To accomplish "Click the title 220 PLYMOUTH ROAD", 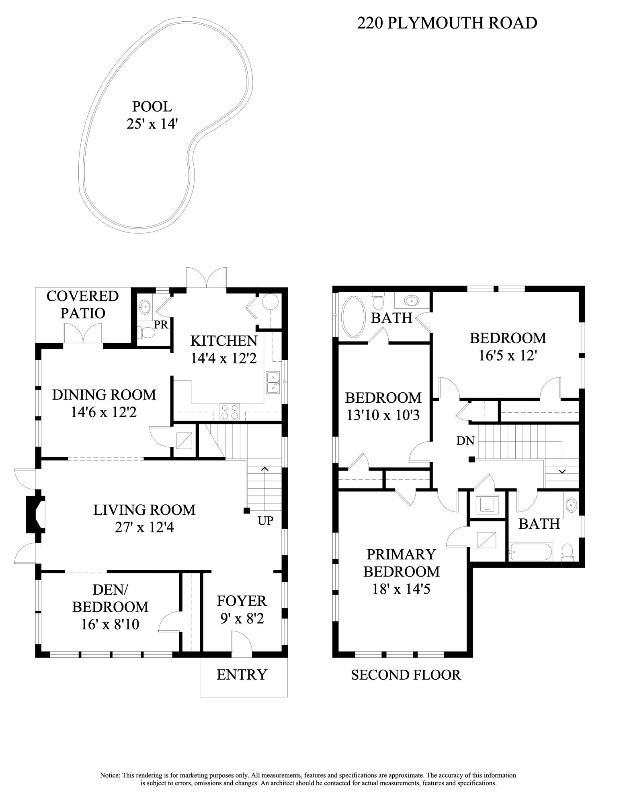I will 447,23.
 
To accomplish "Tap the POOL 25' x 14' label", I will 152,115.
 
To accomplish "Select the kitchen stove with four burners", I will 230,412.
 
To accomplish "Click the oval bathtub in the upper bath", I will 353,316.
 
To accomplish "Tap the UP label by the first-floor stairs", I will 265,521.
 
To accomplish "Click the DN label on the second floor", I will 465,441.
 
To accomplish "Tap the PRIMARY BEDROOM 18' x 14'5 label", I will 401,571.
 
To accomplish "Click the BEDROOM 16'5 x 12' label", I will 508,346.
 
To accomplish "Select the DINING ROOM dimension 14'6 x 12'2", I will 104,412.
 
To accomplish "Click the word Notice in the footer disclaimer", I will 110,775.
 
